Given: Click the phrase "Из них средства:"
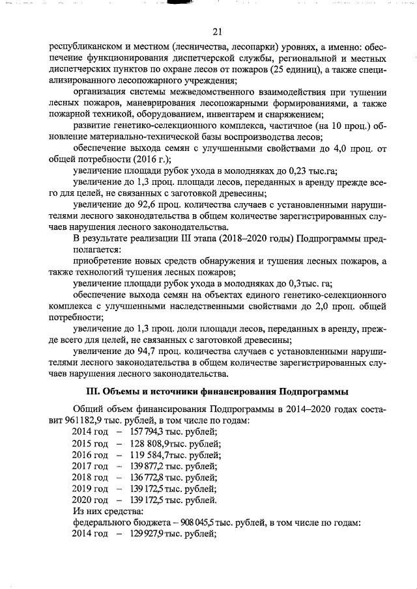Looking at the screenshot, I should [107, 512].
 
